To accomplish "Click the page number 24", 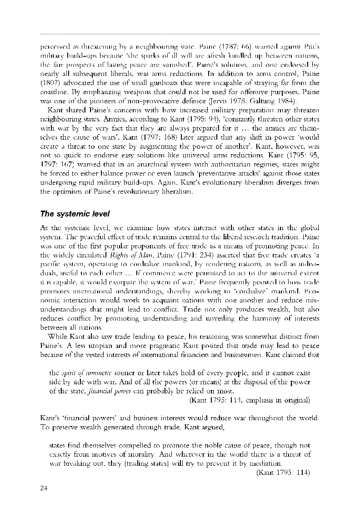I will click(44, 488).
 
